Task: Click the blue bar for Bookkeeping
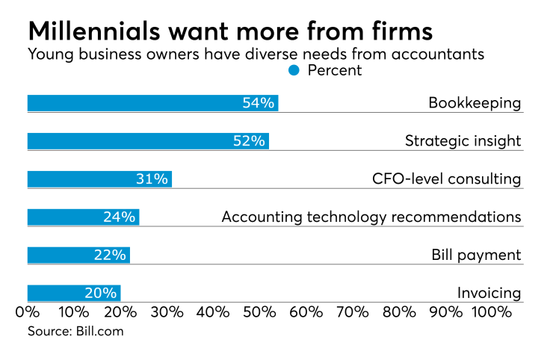pyautogui.click(x=152, y=103)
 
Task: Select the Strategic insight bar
pyautogui.click(x=148, y=141)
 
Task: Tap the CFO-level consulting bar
pyautogui.click(x=99, y=179)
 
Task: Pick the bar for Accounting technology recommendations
pyautogui.click(x=83, y=217)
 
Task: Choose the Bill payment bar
pyautogui.click(x=78, y=255)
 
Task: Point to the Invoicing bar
pyautogui.click(x=74, y=294)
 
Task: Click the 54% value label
pyautogui.click(x=259, y=103)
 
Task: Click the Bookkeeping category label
pyautogui.click(x=475, y=103)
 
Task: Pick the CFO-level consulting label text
pyautogui.click(x=446, y=179)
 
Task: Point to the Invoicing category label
pyautogui.click(x=489, y=294)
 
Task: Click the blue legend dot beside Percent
pyautogui.click(x=294, y=71)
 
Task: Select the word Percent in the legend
pyautogui.click(x=334, y=71)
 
